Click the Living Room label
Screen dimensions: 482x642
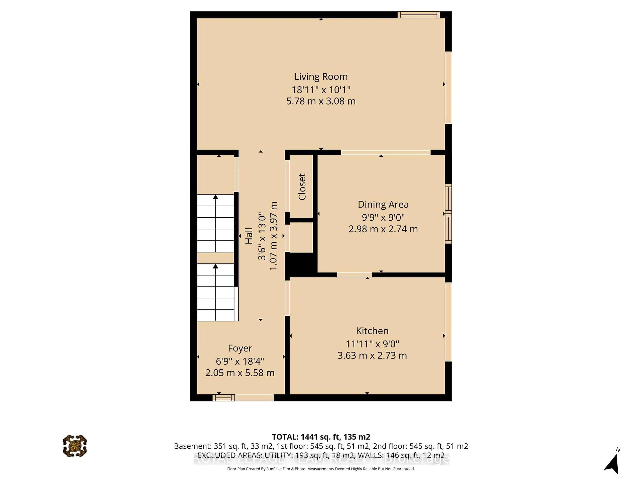(x=321, y=76)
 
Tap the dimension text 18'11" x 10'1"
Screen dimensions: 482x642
(x=321, y=90)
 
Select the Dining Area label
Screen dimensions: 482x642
(x=383, y=204)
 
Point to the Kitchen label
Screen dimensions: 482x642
(x=372, y=331)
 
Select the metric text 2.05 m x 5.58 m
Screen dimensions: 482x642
(x=240, y=373)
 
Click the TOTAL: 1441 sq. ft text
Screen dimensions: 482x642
(x=321, y=437)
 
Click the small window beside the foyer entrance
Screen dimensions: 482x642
(x=224, y=397)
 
